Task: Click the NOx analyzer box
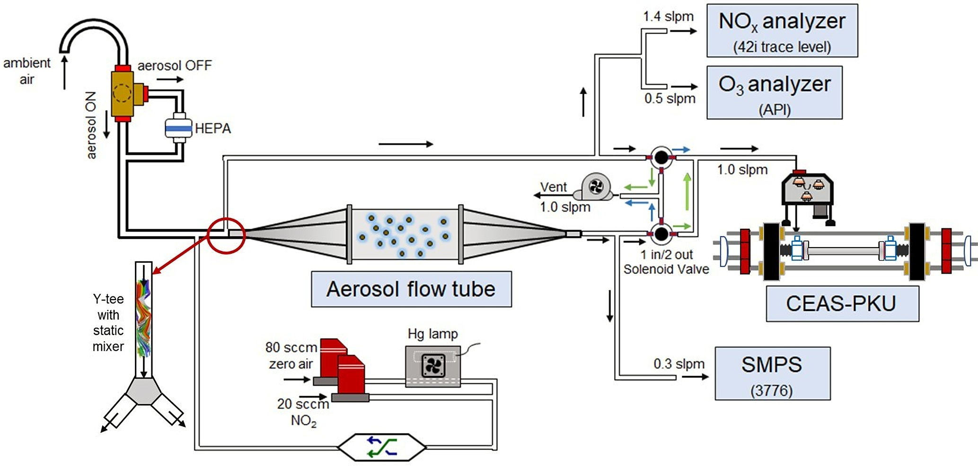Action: click(x=782, y=31)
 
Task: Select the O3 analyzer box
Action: click(x=774, y=93)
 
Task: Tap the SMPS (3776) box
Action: click(x=772, y=373)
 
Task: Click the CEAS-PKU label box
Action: click(x=842, y=303)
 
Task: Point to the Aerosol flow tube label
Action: click(x=411, y=289)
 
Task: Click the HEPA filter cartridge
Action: click(x=178, y=128)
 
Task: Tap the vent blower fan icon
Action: click(x=595, y=187)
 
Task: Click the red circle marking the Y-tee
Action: click(x=226, y=235)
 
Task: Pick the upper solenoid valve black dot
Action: click(x=661, y=157)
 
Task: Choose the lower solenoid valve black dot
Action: click(x=661, y=233)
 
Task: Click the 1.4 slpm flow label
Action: click(x=668, y=17)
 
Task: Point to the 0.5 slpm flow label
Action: click(x=670, y=99)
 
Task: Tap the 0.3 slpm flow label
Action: click(x=679, y=364)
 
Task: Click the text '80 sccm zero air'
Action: click(x=291, y=355)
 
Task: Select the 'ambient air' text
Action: click(x=26, y=71)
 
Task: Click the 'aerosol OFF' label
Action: click(x=175, y=65)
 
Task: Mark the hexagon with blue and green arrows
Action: click(x=382, y=447)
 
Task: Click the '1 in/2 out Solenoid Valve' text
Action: click(x=666, y=262)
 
